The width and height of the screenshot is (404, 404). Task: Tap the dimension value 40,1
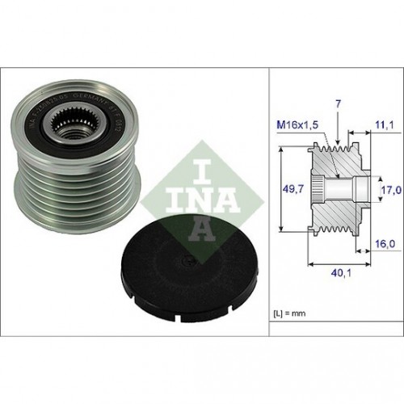tap(339, 273)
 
